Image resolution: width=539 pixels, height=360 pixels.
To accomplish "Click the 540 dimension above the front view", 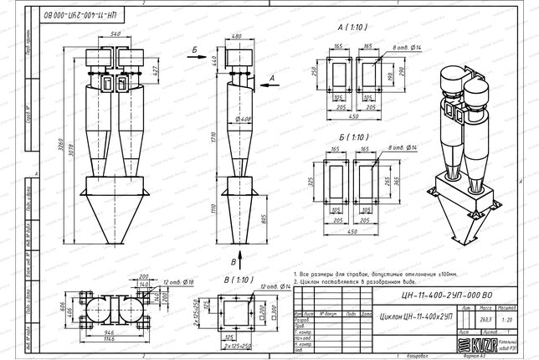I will (115, 33).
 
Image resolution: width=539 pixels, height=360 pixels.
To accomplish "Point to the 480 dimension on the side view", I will (237, 36).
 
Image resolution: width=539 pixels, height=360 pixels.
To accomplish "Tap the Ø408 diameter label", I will (244, 119).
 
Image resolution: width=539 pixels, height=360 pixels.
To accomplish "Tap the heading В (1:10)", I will (238, 278).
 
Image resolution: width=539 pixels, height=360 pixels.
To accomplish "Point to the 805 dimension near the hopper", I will (264, 219).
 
